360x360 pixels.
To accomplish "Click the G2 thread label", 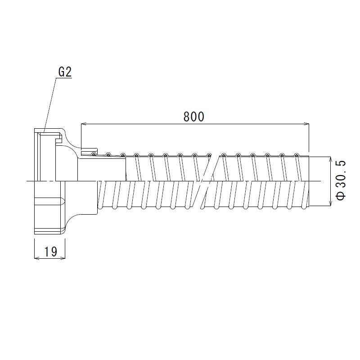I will [65, 72].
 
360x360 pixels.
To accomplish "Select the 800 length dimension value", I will [194, 117].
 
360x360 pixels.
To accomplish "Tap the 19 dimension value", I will [50, 252].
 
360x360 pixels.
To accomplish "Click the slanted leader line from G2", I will [50, 103].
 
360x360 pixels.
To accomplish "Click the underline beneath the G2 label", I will [65, 78].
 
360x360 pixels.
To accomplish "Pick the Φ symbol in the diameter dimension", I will [341, 196].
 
